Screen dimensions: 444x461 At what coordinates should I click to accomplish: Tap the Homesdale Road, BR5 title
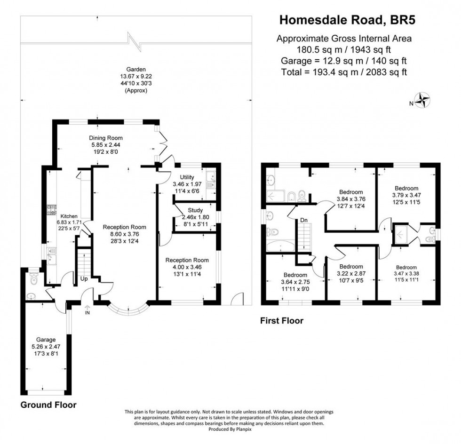click(348, 20)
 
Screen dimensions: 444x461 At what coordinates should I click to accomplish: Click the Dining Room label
click(106, 138)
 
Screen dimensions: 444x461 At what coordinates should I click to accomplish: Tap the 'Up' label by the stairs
click(85, 278)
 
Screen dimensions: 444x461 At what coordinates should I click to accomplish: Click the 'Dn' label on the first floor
click(303, 220)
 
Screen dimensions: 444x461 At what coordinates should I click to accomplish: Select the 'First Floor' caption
click(282, 321)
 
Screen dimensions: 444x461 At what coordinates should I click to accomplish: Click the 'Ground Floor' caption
click(48, 404)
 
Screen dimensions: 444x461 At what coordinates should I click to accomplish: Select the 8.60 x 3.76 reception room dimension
click(121, 234)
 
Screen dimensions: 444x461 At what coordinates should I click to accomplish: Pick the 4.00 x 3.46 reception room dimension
click(185, 267)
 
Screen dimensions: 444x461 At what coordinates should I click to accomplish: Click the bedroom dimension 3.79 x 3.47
click(407, 194)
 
